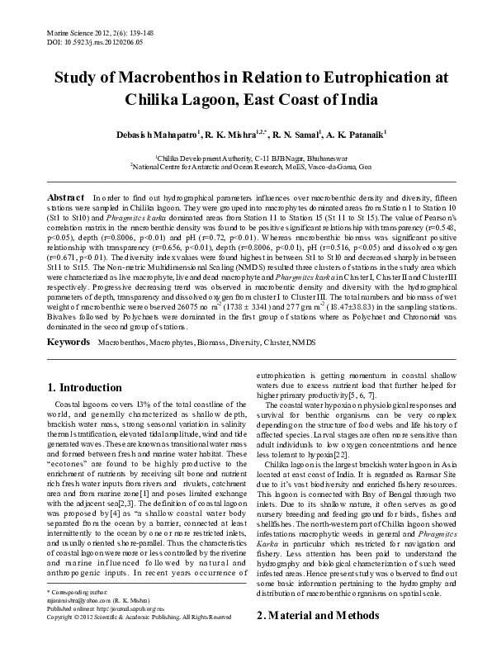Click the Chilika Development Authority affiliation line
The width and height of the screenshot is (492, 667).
(x=245, y=156)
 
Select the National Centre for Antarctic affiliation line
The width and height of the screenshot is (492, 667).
(x=245, y=166)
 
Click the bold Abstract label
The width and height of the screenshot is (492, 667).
(x=66, y=199)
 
